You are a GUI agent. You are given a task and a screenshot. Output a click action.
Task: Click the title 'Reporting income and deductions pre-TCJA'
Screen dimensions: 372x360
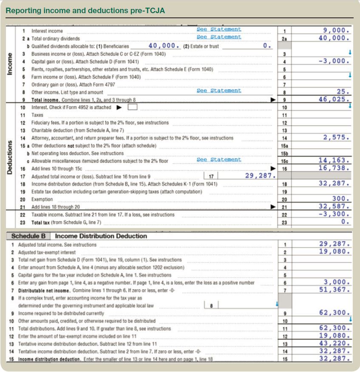[x=85, y=10]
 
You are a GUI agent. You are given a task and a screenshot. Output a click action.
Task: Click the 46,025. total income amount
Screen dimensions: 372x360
[x=335, y=99]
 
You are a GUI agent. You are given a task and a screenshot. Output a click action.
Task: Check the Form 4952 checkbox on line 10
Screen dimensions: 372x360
[x=132, y=107]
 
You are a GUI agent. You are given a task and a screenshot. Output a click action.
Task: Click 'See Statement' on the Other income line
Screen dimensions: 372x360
[x=219, y=90]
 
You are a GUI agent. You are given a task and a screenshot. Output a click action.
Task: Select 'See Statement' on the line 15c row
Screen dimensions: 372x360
[x=219, y=160]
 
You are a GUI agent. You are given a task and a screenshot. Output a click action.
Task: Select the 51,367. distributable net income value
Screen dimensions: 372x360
[x=335, y=290]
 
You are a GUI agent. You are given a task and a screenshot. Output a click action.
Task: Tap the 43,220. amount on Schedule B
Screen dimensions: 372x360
[x=335, y=343]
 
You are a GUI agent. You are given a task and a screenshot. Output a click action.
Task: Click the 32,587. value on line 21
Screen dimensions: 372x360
[x=335, y=207]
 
